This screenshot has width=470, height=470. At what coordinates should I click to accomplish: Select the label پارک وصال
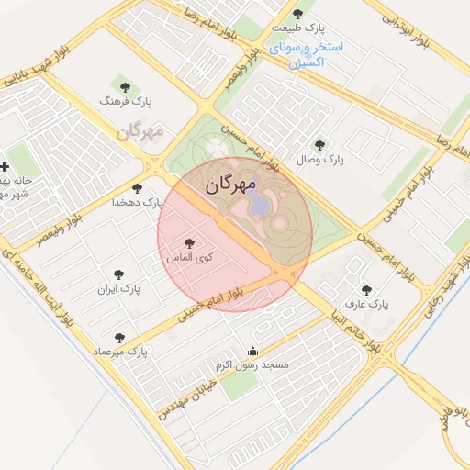(320, 160)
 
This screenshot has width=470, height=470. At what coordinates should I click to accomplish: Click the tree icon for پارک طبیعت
(297, 13)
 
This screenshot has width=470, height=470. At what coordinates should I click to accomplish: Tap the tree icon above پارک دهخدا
(137, 188)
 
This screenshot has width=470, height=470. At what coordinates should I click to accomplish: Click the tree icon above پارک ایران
(118, 274)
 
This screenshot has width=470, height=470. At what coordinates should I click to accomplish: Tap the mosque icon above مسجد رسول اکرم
(253, 351)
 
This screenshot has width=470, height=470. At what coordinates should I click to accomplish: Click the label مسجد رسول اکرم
(252, 365)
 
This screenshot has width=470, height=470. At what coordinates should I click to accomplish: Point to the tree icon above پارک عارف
(366, 289)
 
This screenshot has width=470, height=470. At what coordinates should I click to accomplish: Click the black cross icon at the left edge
(6, 166)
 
